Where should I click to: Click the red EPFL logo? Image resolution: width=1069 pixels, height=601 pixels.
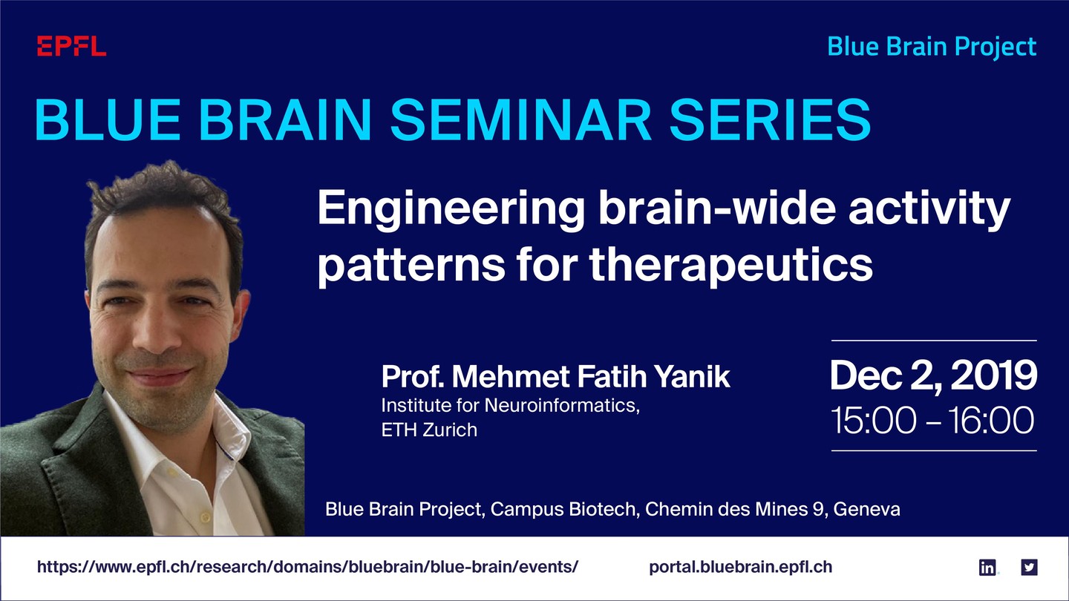click(x=71, y=46)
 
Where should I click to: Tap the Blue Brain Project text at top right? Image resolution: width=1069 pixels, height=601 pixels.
click(x=932, y=47)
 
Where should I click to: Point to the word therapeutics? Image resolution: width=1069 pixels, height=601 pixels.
click(x=732, y=265)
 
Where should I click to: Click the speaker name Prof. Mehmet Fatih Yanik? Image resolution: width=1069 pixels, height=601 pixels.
click(x=555, y=377)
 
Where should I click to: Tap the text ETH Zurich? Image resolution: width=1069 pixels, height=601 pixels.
click(x=429, y=430)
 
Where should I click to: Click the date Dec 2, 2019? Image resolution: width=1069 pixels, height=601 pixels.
click(x=933, y=376)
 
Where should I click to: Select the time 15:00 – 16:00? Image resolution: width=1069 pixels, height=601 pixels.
click(x=932, y=420)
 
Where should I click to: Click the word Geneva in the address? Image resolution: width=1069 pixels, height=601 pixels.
click(x=866, y=510)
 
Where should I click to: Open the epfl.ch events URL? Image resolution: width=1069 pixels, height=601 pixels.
click(x=308, y=567)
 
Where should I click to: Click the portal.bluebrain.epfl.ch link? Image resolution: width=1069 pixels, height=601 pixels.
click(x=741, y=567)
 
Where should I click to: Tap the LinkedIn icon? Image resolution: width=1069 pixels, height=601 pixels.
click(x=987, y=567)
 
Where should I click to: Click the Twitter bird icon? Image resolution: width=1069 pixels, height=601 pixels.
click(x=1029, y=567)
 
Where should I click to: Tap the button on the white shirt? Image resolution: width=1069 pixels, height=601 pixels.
click(x=205, y=517)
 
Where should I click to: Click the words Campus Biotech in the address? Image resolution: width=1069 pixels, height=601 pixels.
click(x=563, y=510)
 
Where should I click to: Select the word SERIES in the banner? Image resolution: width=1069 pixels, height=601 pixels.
click(x=771, y=119)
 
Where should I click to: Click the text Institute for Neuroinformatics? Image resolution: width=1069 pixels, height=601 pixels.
click(x=510, y=405)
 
